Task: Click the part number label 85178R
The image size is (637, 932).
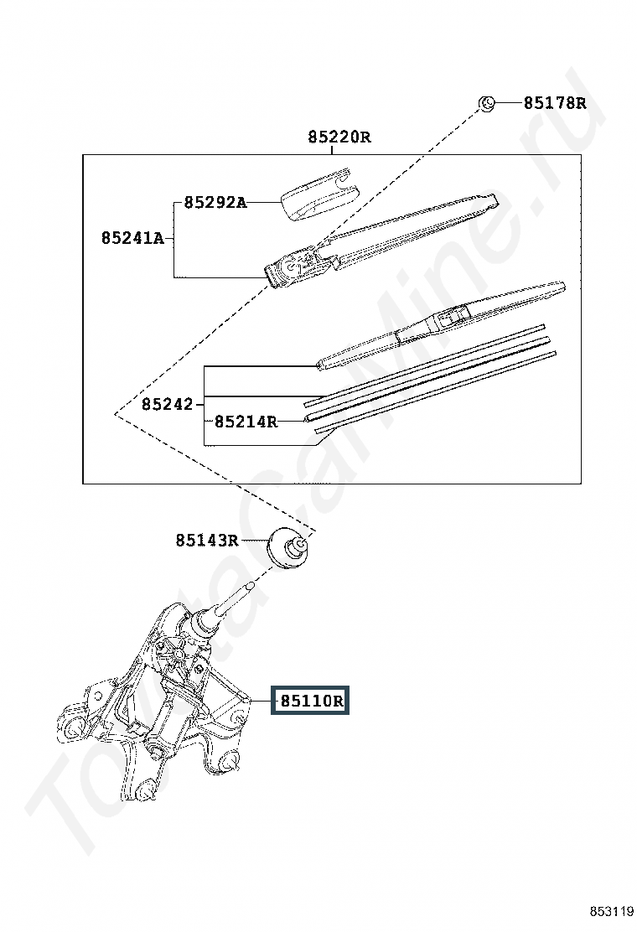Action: (x=555, y=103)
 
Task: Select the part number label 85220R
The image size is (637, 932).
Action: (x=339, y=137)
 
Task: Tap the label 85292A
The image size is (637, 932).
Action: (x=215, y=202)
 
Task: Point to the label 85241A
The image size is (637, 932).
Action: (x=132, y=238)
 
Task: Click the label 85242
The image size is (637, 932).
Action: (x=167, y=405)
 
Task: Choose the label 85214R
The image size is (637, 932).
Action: (x=246, y=422)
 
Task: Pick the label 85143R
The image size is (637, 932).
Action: (x=207, y=540)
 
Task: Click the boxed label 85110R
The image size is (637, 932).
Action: (x=308, y=701)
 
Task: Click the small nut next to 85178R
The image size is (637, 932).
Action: (x=486, y=104)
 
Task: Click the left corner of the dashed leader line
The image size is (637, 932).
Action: (x=115, y=413)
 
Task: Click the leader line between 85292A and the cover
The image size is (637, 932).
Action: (x=264, y=202)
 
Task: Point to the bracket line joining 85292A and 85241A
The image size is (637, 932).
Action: (x=174, y=239)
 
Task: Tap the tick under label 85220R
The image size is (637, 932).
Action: (x=334, y=150)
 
